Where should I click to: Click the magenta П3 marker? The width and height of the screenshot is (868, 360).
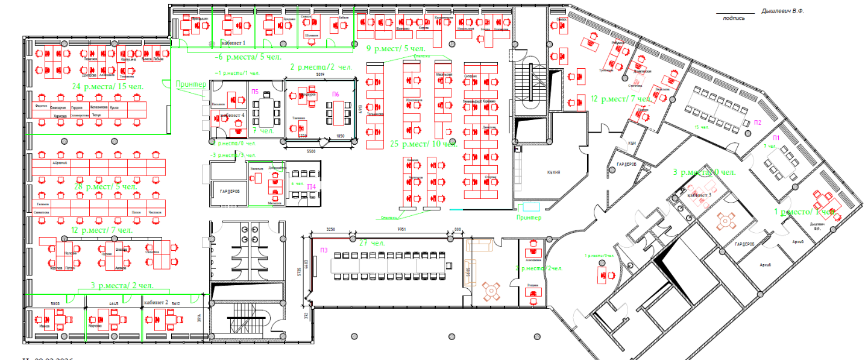coord(324,250)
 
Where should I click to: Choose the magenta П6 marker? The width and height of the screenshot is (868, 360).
coord(335,94)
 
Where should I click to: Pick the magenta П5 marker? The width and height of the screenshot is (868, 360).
coord(255,91)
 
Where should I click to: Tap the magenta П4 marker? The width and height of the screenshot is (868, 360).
coord(311,186)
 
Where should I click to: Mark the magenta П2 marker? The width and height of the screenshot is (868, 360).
coord(757,122)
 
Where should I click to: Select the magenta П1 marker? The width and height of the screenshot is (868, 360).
coord(776,137)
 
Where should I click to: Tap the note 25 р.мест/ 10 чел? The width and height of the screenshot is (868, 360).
coord(424,144)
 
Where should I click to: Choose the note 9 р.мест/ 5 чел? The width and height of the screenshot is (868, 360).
coord(396,48)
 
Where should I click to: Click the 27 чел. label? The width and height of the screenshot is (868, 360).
coord(372,243)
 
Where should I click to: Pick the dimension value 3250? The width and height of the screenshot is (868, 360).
coord(334,230)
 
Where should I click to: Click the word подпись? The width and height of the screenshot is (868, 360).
coord(734,17)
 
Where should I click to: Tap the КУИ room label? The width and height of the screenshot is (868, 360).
coord(632,142)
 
